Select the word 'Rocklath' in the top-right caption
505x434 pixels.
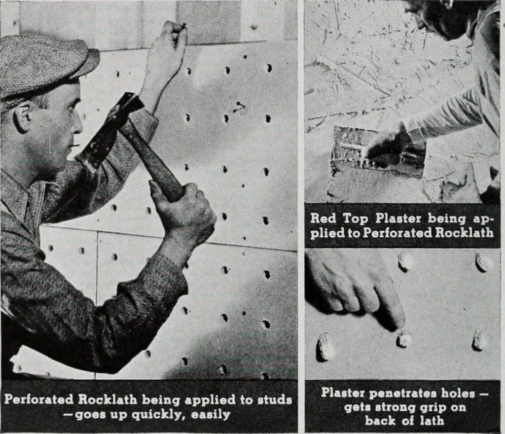(x=464, y=232)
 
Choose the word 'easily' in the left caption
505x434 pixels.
(x=211, y=414)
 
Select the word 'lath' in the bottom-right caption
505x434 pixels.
(x=432, y=421)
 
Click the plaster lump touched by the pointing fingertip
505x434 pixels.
(x=403, y=339)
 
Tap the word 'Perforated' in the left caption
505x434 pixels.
(x=38, y=399)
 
